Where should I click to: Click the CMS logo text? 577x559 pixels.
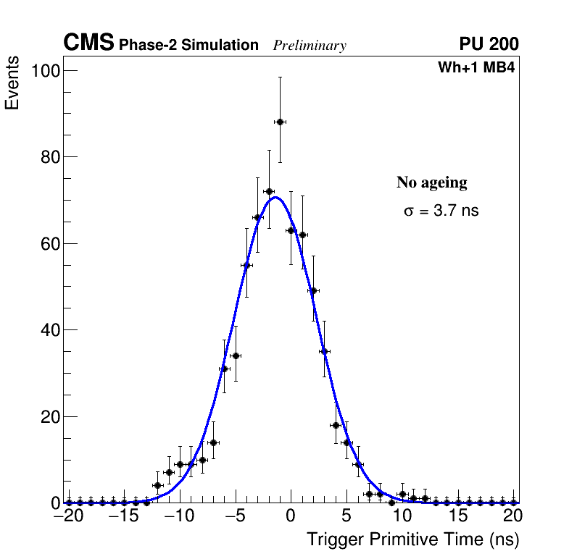88,43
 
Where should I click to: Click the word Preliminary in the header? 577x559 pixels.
310,46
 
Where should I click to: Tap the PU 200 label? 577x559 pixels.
489,44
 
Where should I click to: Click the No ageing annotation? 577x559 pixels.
432,182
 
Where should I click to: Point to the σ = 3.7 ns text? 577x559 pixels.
441,211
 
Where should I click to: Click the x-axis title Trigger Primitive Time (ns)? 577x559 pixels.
413,539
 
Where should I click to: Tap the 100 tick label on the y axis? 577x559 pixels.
46,70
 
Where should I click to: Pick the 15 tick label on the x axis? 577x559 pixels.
457,516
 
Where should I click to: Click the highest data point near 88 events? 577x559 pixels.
280,122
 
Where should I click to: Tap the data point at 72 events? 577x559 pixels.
269,191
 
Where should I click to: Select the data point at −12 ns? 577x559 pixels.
157,485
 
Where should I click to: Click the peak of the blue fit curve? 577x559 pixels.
275,197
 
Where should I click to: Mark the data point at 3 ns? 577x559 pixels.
324,351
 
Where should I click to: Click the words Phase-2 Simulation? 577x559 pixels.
188,45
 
